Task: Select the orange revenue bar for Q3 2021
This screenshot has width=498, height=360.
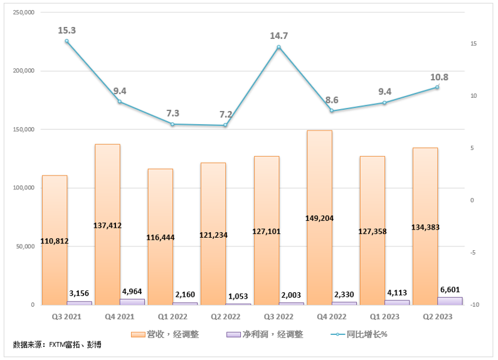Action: [54, 207]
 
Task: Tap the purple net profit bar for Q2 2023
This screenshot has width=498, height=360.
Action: [450, 301]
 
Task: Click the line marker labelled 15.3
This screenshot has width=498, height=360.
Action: [66, 41]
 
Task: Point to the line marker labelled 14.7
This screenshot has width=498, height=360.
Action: [278, 48]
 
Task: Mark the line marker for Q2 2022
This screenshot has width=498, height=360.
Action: [225, 125]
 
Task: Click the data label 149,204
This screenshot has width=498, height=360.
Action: [319, 219]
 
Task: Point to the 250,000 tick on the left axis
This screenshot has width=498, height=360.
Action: [23, 13]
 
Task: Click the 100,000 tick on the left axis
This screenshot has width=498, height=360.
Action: [23, 188]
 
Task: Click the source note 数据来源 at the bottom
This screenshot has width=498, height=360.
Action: [56, 345]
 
